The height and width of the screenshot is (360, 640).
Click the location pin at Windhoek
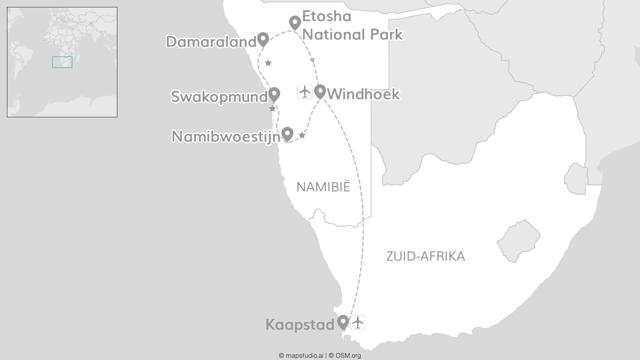pos(320,91)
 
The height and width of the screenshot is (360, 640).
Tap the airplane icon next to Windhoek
pos(305,91)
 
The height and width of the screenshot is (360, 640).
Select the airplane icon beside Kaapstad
pos(357,322)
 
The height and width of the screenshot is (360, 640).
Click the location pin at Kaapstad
pos(342,321)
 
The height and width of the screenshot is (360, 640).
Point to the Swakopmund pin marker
pos(274,93)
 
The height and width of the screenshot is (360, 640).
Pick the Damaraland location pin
pos(262,38)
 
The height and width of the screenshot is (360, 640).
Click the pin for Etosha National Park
pos(295,22)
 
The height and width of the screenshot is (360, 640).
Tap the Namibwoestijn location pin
pos(287,133)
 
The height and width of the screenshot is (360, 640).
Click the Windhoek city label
pos(363,94)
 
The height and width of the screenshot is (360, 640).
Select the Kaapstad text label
pos(299,325)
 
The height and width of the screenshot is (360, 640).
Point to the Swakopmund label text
pos(219,96)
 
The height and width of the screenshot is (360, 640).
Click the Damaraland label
pos(210,42)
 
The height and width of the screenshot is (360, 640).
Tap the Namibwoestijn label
pos(225,136)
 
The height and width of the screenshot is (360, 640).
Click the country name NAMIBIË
pos(323,187)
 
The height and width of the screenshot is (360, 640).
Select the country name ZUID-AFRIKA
pos(425,256)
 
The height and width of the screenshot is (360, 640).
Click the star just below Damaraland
pos(268,63)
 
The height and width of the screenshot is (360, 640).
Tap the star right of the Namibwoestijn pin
pos(302,135)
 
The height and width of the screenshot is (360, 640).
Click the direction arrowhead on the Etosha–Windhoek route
pos(313,60)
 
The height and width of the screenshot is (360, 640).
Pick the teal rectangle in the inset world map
pos(62,62)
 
